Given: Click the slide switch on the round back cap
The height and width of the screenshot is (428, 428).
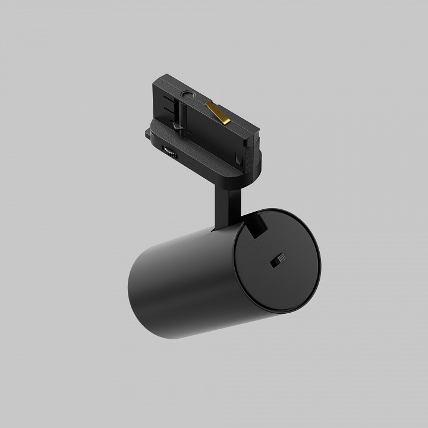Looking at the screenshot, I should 278,260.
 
